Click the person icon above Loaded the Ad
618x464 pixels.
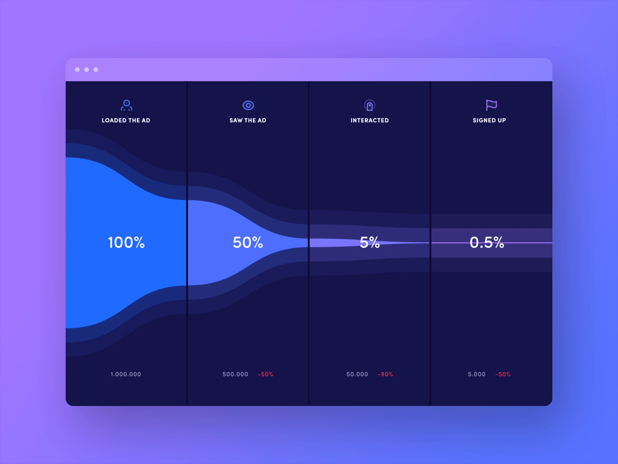[126, 105]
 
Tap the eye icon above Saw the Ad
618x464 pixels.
[248, 105]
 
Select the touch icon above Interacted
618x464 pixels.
[370, 105]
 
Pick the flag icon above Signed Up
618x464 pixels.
[491, 105]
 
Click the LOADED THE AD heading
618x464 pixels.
[126, 120]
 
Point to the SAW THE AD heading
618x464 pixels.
[248, 120]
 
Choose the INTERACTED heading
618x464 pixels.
[370, 120]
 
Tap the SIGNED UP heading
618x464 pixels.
[489, 120]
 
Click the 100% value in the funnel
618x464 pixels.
[126, 242]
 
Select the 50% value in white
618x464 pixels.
[248, 242]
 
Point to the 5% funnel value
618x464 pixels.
[370, 242]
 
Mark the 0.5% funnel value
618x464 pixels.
[487, 242]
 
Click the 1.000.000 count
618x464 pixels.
[126, 374]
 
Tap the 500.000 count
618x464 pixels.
[235, 374]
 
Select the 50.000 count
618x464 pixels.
[357, 374]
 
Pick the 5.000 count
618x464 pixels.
[477, 374]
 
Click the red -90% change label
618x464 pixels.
[385, 374]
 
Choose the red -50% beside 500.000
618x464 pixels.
[265, 374]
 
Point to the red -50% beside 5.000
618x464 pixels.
[503, 374]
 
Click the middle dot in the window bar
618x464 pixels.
[87, 70]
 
